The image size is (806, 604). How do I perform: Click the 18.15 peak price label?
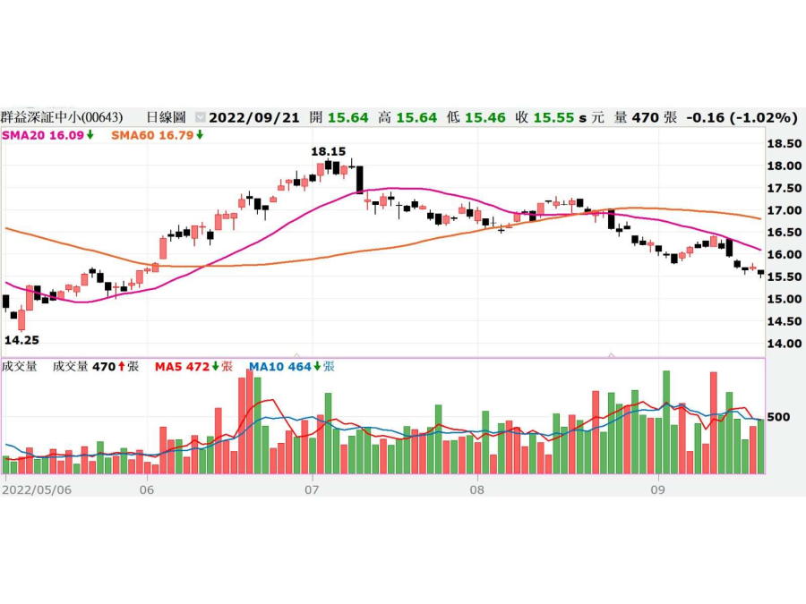pos(328,152)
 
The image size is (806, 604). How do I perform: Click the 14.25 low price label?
pos(21,340)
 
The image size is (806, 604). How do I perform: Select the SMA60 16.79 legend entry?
pos(157,135)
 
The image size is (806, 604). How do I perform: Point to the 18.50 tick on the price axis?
pos(785,143)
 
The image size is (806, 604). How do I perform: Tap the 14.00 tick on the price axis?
pos(785,344)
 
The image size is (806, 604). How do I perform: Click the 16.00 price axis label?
pos(785,254)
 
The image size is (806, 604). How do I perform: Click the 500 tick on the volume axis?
pos(778,417)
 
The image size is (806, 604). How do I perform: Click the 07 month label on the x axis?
pos(312,489)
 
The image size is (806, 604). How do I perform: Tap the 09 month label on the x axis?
pos(657,489)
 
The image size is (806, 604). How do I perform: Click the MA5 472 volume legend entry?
pos(193,366)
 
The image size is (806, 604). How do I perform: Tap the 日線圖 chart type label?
pos(166,117)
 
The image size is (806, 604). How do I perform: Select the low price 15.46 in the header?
pos(484,117)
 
